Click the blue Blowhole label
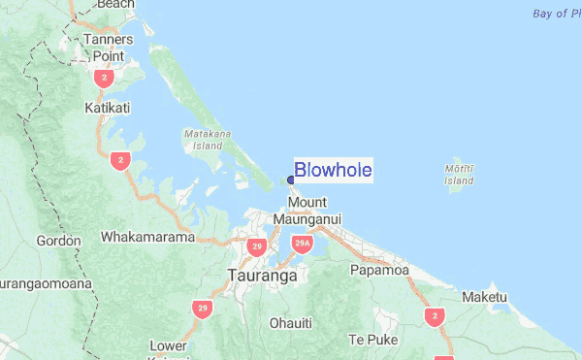tap(333, 171)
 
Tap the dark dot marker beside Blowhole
tap(290, 180)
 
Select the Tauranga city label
tap(262, 276)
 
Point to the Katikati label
tap(108, 108)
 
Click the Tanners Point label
tap(108, 47)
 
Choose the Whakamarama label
tap(147, 237)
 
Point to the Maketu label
tap(485, 296)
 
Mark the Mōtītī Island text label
tap(459, 174)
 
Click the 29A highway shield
tap(303, 244)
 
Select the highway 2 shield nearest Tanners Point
tap(104, 77)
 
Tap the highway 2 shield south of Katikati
tap(120, 160)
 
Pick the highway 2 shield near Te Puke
tap(434, 316)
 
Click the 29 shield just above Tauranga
tap(256, 246)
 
